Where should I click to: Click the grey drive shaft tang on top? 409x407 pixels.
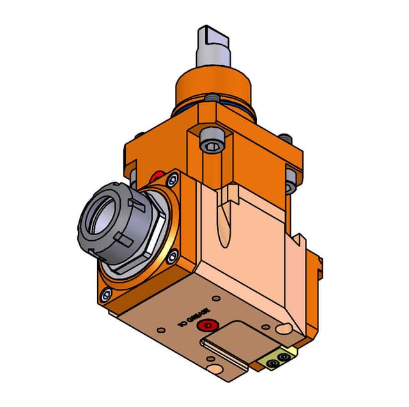click(x=213, y=46)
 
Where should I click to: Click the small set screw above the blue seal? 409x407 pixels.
click(x=209, y=96)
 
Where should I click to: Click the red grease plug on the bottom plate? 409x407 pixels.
click(x=206, y=326)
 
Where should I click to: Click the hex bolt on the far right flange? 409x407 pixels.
click(x=291, y=186)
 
